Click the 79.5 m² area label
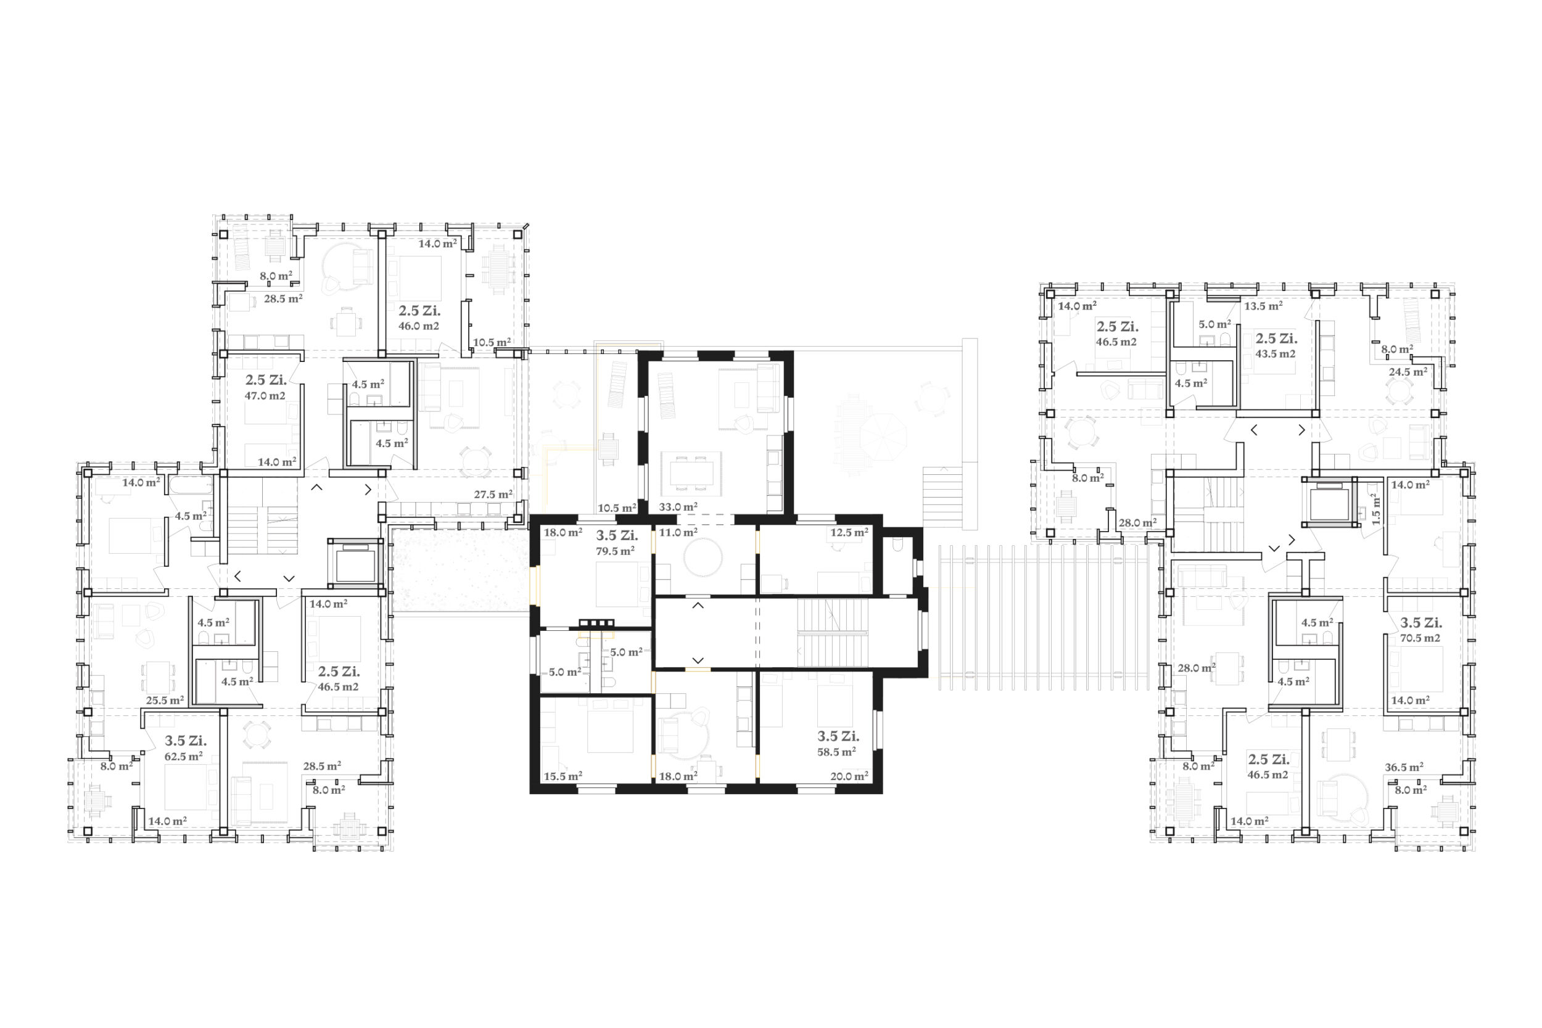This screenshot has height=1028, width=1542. click(615, 551)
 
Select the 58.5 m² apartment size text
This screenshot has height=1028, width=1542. click(836, 752)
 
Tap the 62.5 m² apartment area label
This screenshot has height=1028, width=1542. click(183, 757)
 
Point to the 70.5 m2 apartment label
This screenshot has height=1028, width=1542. click(1420, 638)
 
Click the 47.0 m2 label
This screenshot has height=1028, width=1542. click(265, 396)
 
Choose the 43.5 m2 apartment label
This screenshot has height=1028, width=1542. click(1275, 354)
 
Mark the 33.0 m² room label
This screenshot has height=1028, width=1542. click(678, 507)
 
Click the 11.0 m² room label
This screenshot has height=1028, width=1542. click(678, 532)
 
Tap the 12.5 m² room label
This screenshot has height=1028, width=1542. click(849, 532)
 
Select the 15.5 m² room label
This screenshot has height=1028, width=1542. click(563, 776)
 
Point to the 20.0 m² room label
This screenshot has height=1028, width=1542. click(849, 776)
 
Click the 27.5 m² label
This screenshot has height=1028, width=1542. click(493, 495)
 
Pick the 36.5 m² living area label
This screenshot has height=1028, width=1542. click(1404, 767)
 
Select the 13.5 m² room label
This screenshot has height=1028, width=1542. click(1263, 306)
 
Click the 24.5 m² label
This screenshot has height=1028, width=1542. click(1408, 372)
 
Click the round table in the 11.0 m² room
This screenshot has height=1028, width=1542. click(702, 558)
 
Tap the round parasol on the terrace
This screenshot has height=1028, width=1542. click(883, 437)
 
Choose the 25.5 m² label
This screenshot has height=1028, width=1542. click(165, 700)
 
